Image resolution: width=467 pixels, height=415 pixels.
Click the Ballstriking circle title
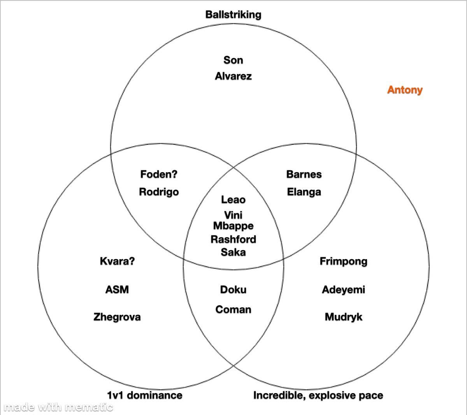pos(233,15)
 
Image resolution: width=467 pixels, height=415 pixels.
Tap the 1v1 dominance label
pos(145,395)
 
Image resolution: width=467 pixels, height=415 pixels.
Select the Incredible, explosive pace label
pos(318,396)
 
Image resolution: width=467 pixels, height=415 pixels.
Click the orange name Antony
pos(405,90)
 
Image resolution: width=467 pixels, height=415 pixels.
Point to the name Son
pos(233,60)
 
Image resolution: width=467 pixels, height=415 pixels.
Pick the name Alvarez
pos(233,76)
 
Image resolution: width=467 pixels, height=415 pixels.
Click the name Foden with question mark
pos(159,174)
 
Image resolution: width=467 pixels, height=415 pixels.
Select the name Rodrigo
pos(159,192)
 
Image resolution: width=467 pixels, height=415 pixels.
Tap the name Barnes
pos(304,174)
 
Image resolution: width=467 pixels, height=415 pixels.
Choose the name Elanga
pos(304,192)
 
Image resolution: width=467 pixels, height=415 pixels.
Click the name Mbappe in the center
pos(233,226)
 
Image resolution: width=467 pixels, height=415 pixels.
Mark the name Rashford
pos(233,239)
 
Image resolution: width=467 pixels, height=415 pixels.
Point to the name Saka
pos(233,252)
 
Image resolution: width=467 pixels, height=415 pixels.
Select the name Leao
pos(233,200)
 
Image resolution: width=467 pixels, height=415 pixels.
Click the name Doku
pos(233,290)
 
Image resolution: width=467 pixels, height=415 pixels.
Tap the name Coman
pos(233,310)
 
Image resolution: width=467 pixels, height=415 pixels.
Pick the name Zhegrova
pos(117,317)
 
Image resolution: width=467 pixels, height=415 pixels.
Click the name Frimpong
pos(344,261)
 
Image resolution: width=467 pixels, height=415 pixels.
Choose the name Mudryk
pos(344,317)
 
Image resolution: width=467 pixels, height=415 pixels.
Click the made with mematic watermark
pos(58,407)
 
